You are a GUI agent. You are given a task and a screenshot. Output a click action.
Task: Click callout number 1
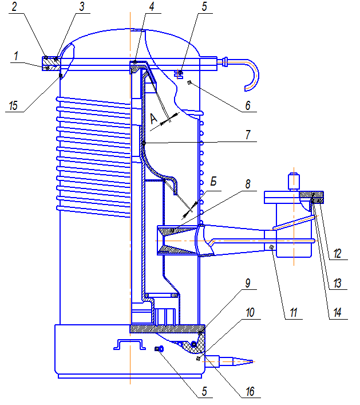click(x=16, y=56)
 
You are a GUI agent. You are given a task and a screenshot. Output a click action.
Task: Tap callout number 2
click(x=14, y=6)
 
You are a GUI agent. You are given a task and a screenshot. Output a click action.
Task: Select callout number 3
click(x=82, y=6)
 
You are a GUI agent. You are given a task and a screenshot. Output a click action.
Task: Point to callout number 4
click(x=152, y=6)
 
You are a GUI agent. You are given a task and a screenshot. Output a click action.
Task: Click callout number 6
click(x=248, y=105)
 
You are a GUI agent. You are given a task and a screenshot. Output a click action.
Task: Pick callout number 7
click(x=248, y=135)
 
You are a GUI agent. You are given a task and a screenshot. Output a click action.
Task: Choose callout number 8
click(x=248, y=184)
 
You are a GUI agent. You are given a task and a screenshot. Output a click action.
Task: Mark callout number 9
click(x=248, y=283)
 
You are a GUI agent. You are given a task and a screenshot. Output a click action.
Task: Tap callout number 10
click(x=250, y=313)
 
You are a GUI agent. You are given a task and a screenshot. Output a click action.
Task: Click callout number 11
click(x=294, y=313)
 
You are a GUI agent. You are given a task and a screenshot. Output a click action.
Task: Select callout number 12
click(x=337, y=254)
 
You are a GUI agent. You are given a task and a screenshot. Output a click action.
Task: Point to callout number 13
click(x=337, y=284)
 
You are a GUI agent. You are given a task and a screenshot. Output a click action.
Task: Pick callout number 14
click(x=337, y=313)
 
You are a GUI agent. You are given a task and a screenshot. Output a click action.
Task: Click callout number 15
click(x=13, y=105)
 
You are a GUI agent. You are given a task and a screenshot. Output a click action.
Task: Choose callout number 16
click(x=250, y=392)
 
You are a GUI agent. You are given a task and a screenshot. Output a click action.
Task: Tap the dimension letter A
click(x=153, y=119)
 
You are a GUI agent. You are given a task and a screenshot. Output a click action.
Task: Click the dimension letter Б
click(x=213, y=182)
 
